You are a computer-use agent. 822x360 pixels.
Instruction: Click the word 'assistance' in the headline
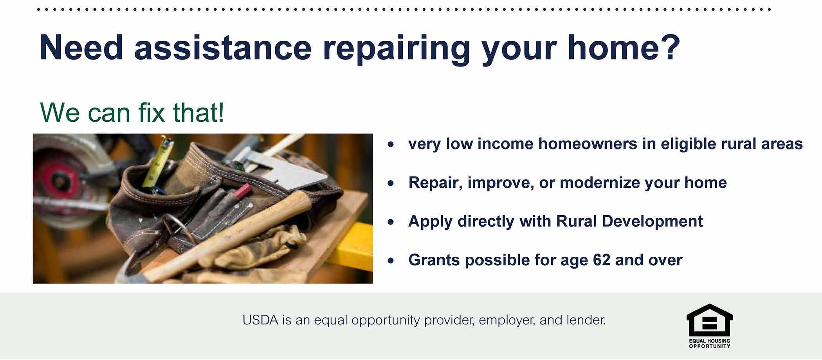click(x=223, y=47)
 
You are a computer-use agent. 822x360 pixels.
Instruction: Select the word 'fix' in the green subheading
click(x=151, y=112)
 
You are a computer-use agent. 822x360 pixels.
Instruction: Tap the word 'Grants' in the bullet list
click(x=434, y=260)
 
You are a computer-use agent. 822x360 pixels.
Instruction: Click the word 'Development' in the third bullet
click(x=652, y=221)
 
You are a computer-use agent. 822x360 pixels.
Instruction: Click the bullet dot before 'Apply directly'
click(x=391, y=222)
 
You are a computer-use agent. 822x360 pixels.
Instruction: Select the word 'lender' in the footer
click(x=585, y=320)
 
